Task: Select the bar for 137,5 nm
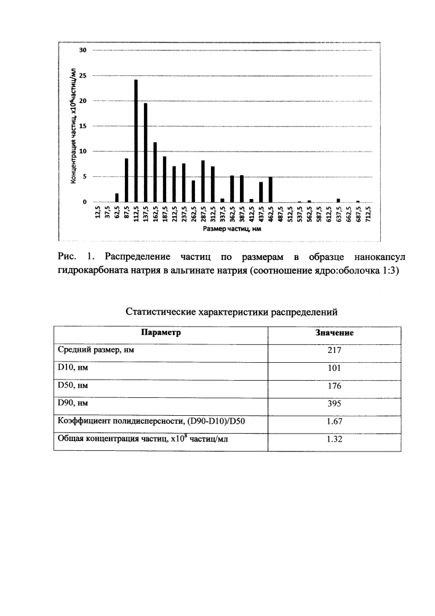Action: [145, 153]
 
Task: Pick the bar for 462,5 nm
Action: [270, 190]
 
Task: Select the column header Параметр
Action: [161, 333]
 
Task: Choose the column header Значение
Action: [334, 333]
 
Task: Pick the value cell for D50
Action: [334, 386]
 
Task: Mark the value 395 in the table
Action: [334, 404]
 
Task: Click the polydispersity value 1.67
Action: [334, 422]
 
